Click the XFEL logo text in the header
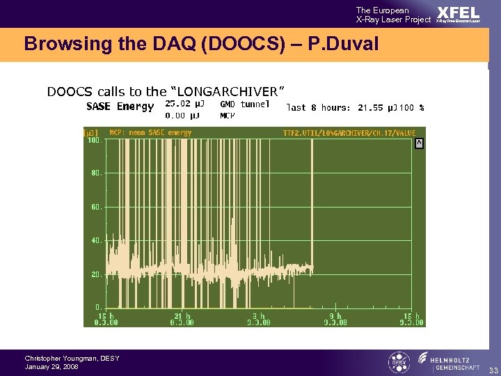click(x=458, y=13)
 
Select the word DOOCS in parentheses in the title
click(x=225, y=45)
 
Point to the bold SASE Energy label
click(x=120, y=107)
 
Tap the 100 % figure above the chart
click(x=413, y=108)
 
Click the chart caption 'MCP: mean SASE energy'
click(x=150, y=132)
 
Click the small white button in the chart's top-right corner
click(x=419, y=143)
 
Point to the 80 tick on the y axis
click(x=96, y=173)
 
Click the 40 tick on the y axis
click(x=96, y=241)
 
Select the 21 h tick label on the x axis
click(x=182, y=317)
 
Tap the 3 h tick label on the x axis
click(x=259, y=317)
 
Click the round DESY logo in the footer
click(x=399, y=363)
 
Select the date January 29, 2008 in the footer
click(x=52, y=366)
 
